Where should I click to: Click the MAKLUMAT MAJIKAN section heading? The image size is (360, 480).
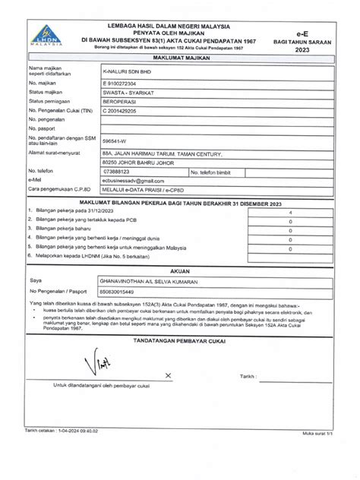pyautogui.click(x=180, y=57)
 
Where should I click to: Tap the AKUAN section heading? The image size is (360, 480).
pyautogui.click(x=180, y=270)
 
